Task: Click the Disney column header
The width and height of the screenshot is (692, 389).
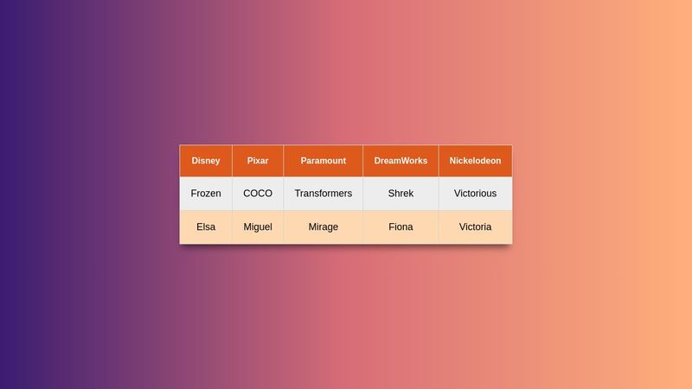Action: click(x=206, y=161)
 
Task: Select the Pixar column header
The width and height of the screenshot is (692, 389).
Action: click(x=258, y=161)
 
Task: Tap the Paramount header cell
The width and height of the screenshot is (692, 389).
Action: click(x=323, y=161)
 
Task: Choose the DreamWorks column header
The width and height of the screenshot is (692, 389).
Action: click(x=400, y=161)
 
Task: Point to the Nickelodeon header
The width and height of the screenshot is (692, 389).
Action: click(x=475, y=161)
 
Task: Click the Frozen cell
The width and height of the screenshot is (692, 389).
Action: click(x=206, y=194)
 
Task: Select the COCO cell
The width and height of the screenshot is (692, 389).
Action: click(x=258, y=194)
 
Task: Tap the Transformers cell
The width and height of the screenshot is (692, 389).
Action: click(x=323, y=194)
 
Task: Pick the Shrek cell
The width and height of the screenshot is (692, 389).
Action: click(x=400, y=194)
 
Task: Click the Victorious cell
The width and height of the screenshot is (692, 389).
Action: click(x=475, y=194)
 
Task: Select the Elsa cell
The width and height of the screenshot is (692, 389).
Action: click(x=206, y=227)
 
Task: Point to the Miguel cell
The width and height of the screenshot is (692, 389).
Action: click(x=258, y=227)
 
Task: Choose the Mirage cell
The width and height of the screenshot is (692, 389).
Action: click(x=323, y=227)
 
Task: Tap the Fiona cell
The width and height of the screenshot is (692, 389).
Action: click(x=400, y=227)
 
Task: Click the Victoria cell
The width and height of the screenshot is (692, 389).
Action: click(x=475, y=227)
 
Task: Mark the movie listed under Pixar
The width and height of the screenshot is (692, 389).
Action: click(x=258, y=194)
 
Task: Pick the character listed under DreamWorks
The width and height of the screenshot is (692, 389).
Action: click(x=400, y=227)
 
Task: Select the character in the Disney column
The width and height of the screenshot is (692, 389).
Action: click(x=206, y=227)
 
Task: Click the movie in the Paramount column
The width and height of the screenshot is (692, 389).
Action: click(x=323, y=194)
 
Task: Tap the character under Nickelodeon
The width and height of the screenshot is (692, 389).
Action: click(x=475, y=227)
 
